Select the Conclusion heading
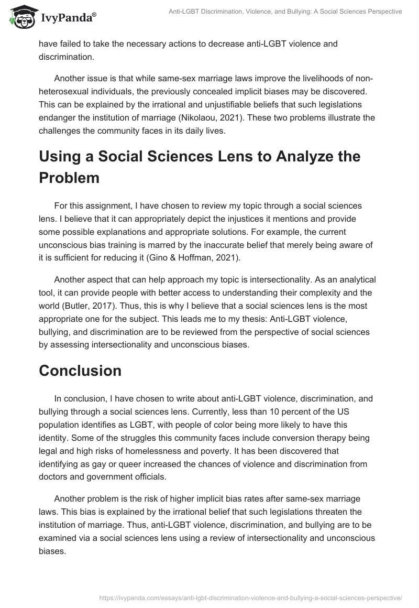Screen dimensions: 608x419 [80, 371]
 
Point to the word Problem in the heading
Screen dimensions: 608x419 [69, 177]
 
